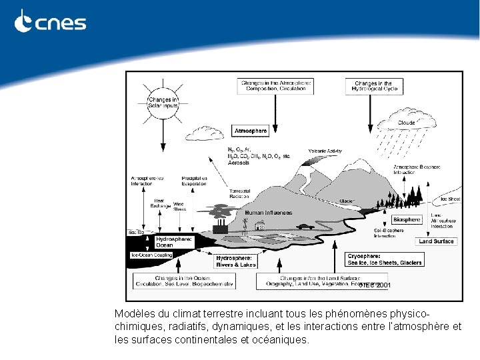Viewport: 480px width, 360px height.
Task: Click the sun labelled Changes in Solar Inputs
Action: (163, 103)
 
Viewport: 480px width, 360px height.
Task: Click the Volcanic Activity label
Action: (325, 151)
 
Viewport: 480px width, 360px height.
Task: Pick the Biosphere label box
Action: (407, 219)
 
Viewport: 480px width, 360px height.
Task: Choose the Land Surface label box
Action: (436, 241)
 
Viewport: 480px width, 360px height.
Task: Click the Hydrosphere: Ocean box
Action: (173, 241)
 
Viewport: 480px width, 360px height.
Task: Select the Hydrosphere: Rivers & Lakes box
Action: (236, 261)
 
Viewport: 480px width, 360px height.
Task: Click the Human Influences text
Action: (268, 213)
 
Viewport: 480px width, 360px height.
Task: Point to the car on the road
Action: (306, 226)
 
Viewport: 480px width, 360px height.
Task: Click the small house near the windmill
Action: (261, 227)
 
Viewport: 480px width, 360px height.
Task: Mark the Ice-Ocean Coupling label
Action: (151, 255)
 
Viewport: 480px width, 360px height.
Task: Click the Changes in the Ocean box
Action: (184, 281)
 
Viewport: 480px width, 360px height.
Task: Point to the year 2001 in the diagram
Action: (384, 285)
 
